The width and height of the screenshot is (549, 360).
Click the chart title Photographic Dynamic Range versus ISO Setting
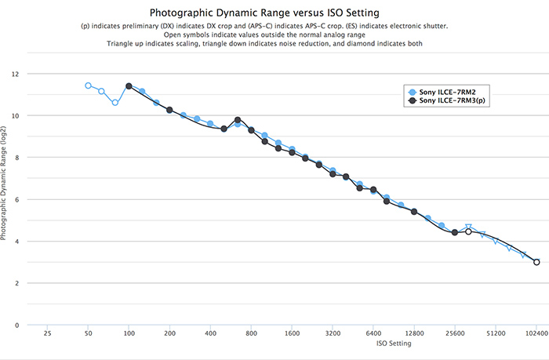[274, 13]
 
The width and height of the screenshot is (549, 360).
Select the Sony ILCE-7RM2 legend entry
[448, 91]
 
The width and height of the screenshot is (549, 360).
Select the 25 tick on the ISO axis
[47, 333]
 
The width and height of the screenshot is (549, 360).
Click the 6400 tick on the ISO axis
[373, 333]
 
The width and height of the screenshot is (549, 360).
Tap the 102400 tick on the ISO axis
[536, 333]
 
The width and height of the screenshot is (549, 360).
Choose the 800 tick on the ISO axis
[251, 333]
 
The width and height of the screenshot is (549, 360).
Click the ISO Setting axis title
[291, 343]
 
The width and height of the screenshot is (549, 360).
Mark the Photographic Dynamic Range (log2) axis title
[6, 199]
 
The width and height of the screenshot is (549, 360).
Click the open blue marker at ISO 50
[88, 85]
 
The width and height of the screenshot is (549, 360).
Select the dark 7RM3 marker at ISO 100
[129, 86]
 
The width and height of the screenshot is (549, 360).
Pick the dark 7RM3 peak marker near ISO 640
[238, 120]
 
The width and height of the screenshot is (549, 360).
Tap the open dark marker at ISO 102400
[536, 262]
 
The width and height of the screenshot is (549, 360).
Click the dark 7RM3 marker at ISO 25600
[455, 232]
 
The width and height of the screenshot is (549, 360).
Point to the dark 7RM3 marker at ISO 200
[169, 110]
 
